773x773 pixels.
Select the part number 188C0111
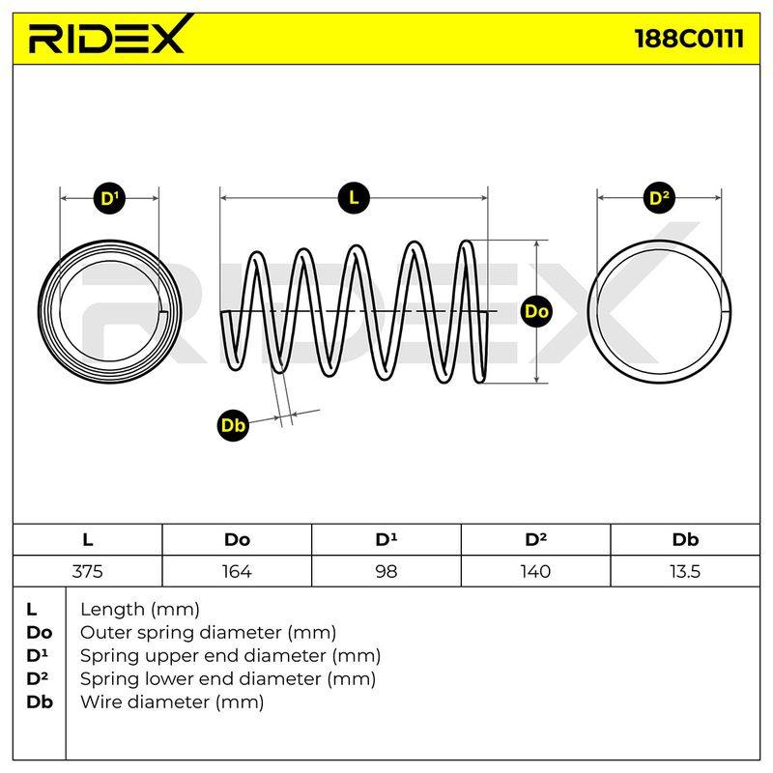click(x=689, y=39)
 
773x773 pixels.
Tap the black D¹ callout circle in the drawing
click(x=109, y=199)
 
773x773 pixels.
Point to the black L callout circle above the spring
click(x=354, y=198)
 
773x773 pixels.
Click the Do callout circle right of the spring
click(x=536, y=311)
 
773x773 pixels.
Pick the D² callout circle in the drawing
click(x=659, y=198)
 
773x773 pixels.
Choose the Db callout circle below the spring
click(x=233, y=425)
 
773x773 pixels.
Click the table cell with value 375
click(x=87, y=571)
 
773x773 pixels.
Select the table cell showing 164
click(x=237, y=571)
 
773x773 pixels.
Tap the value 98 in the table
click(x=386, y=571)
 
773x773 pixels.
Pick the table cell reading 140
click(x=535, y=571)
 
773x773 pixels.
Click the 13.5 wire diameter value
click(x=685, y=571)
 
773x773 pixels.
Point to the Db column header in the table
click(x=685, y=540)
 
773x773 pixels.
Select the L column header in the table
click(x=87, y=540)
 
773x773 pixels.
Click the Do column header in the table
click(x=237, y=540)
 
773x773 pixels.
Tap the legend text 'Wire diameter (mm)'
click(x=172, y=702)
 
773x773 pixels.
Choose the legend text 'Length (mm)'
click(x=140, y=610)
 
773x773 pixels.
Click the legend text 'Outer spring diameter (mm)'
click(x=208, y=633)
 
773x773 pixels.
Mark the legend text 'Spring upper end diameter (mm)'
click(x=230, y=656)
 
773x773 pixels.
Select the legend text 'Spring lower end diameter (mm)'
click(x=228, y=679)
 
